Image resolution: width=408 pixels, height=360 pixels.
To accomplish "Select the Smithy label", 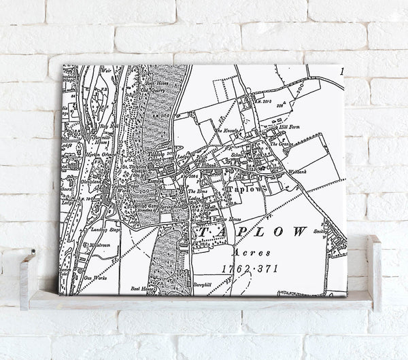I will (x=320, y=231).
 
